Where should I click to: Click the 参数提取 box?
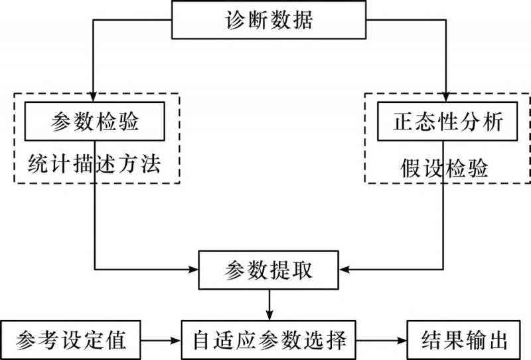(269, 270)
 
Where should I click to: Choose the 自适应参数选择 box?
(269, 341)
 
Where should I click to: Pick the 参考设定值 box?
(72, 341)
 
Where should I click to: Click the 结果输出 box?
(464, 341)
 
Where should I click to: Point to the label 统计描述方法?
(95, 163)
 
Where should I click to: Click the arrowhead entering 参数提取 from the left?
(195, 270)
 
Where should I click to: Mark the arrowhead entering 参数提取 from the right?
(344, 270)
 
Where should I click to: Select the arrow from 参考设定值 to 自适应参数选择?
(162, 341)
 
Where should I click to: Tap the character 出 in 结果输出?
(497, 341)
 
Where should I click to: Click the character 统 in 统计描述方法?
(38, 163)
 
